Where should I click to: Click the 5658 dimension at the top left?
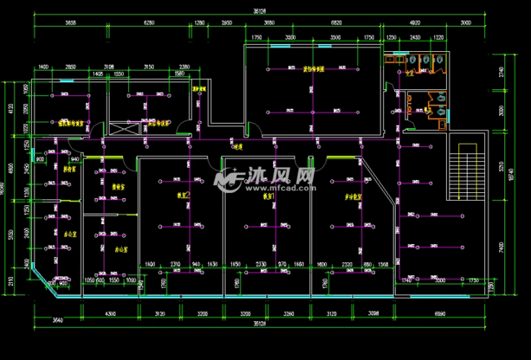click(71, 23)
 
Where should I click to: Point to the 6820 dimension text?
click(335, 23)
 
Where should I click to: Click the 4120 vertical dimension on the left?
click(10, 109)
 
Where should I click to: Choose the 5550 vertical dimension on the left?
click(10, 236)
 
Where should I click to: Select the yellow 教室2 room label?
click(183, 195)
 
